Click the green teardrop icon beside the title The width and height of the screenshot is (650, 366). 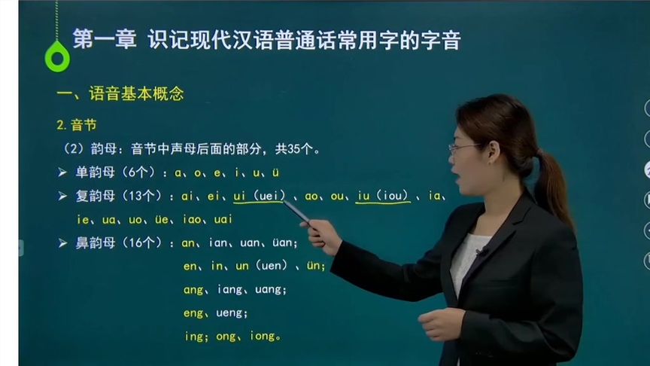pos(56,56)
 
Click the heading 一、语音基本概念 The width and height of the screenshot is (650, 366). pos(120,94)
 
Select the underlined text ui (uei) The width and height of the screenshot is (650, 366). pos(259,197)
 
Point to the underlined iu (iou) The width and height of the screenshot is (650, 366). pos(383,197)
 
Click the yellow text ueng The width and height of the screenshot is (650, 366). pos(230,313)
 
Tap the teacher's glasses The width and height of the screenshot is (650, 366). pos(463,147)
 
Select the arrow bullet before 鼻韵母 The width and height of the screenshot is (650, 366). pos(62,243)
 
